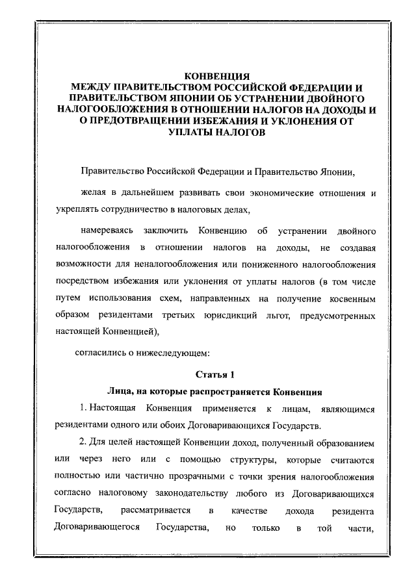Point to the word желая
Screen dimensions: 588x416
(x=93, y=193)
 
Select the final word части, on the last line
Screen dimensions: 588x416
(x=363, y=527)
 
